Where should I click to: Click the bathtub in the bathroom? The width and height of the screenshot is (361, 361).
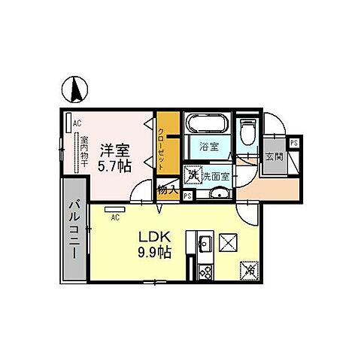(205, 124)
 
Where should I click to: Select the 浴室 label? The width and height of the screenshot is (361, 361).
(210, 147)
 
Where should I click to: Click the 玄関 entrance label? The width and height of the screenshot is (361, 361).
(274, 157)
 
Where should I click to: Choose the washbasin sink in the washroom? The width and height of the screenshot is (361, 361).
(217, 194)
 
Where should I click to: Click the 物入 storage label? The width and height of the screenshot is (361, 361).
(167, 191)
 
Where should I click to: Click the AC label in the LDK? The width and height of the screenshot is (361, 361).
(116, 218)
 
